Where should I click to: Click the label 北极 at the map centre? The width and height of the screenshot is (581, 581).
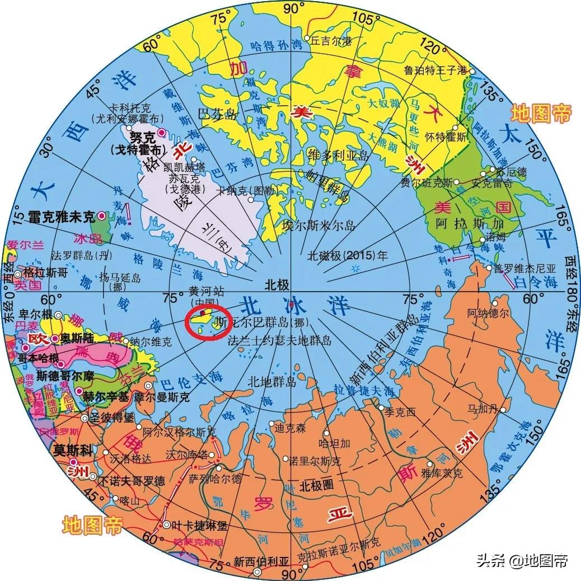pyautogui.click(x=278, y=285)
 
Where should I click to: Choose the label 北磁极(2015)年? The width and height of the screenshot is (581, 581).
pyautogui.click(x=348, y=256)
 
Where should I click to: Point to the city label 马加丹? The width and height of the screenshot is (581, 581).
pyautogui.click(x=484, y=410)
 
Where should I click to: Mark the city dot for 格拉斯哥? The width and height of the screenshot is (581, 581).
pyautogui.click(x=18, y=274)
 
